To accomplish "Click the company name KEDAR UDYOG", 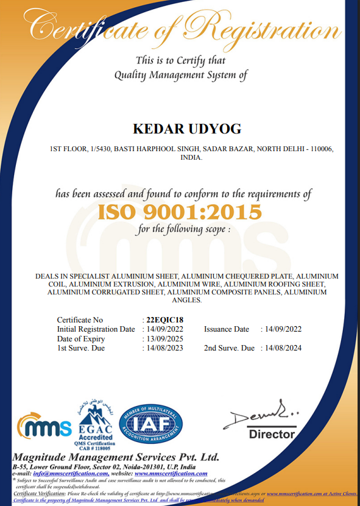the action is point(186,129).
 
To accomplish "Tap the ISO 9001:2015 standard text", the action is point(180,212).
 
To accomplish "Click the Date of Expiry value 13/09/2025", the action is point(164,338).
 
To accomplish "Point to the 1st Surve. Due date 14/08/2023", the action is point(164,348).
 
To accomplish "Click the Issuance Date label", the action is point(227,329).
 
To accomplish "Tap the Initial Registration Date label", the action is point(96,329).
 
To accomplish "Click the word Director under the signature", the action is point(272,435).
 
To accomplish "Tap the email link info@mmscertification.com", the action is point(71,473).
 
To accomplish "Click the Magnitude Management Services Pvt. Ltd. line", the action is point(116,457).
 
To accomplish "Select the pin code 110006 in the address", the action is point(318,149).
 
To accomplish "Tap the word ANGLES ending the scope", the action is point(186,300).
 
